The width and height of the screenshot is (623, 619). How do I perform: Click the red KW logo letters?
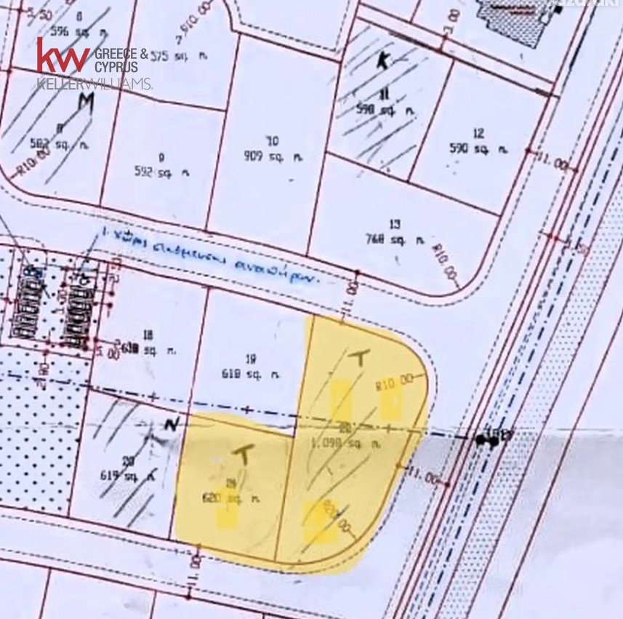pyautogui.click(x=63, y=56)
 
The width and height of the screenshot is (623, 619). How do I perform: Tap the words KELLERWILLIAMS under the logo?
pyautogui.click(x=94, y=84)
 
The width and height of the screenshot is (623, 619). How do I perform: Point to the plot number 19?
pyautogui.click(x=252, y=358)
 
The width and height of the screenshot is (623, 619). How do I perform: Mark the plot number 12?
pyautogui.click(x=478, y=133)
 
